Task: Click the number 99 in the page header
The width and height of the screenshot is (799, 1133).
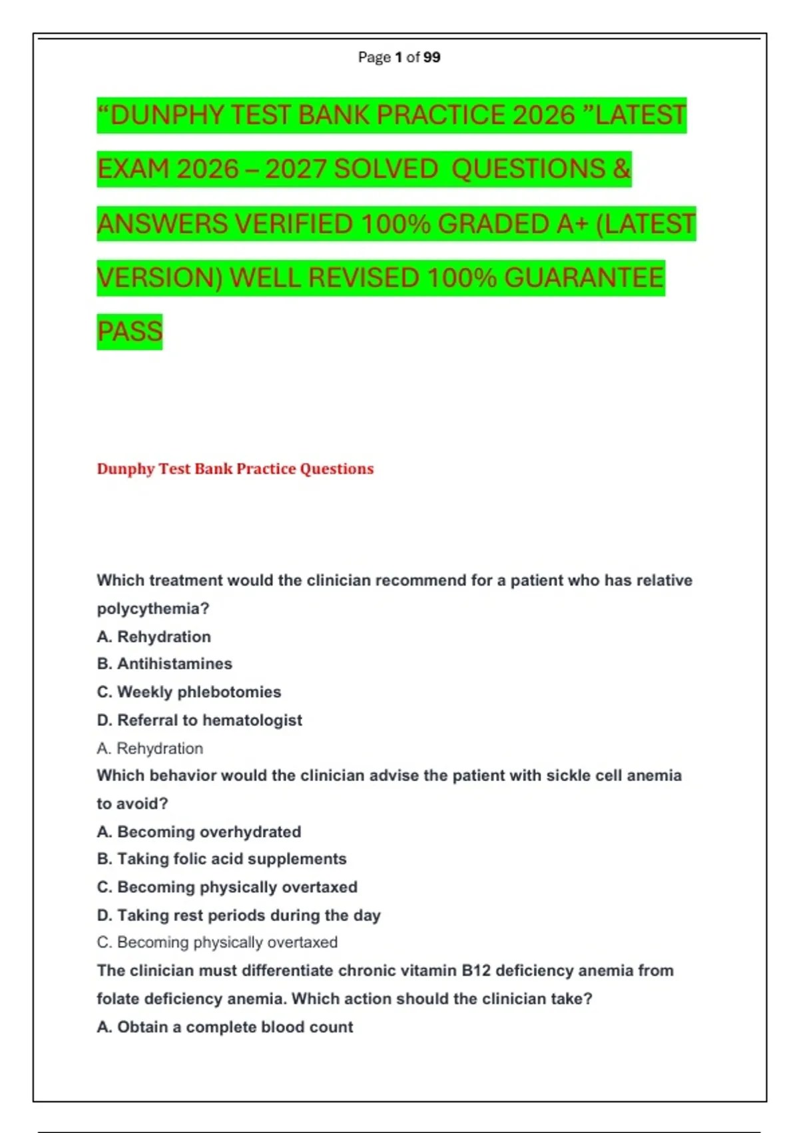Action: tap(431, 57)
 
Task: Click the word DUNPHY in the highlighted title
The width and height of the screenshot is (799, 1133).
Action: tap(166, 115)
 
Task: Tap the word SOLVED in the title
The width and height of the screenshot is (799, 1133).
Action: tap(386, 169)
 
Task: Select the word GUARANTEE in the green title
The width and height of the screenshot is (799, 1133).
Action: tap(584, 278)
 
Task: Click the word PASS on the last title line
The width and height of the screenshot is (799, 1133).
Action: tap(130, 331)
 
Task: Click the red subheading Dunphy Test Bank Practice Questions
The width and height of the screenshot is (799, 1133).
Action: tap(235, 469)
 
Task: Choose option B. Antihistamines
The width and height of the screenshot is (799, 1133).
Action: tap(164, 664)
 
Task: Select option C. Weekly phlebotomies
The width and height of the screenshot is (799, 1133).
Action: tap(189, 692)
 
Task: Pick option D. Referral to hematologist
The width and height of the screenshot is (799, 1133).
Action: tap(199, 720)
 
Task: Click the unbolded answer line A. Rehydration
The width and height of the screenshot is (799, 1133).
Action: tap(150, 748)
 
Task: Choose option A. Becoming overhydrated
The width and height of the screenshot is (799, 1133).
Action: tap(198, 832)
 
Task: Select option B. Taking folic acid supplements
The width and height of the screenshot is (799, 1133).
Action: tap(222, 859)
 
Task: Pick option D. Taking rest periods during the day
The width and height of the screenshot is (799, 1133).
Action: tap(238, 916)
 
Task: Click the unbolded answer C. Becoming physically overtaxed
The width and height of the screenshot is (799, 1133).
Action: tap(217, 942)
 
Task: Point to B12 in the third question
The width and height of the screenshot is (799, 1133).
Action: tap(475, 971)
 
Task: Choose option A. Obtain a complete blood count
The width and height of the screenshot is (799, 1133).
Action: tap(224, 1027)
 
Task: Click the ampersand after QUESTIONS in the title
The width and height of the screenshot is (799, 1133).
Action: tap(621, 169)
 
